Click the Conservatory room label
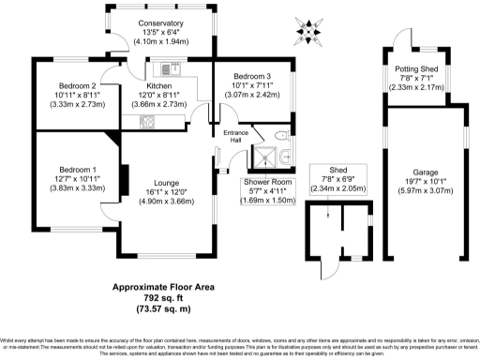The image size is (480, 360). tap(157, 23)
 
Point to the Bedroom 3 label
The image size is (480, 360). tap(250, 76)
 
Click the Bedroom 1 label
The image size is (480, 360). tap(68, 169)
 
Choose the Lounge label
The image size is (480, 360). tap(160, 183)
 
